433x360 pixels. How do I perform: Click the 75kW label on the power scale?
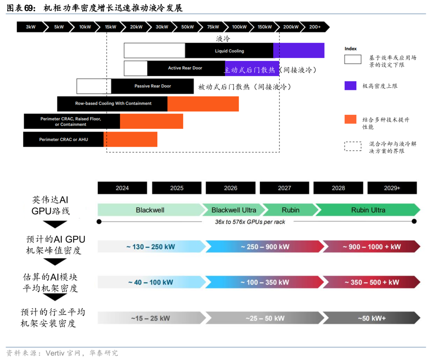point(213,27)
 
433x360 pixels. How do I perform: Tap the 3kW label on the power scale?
point(30,27)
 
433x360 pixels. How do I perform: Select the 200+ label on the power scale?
point(315,27)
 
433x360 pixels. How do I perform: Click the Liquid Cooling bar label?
point(229,51)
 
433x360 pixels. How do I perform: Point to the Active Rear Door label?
point(185,68)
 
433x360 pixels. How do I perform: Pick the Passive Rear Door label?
point(152,86)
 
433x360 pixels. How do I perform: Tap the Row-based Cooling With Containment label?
point(113,104)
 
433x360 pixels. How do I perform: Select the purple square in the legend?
point(350,85)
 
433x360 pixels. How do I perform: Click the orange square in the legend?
point(350,119)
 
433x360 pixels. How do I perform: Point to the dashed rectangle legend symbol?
point(352,146)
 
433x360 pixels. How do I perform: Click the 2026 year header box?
point(231,188)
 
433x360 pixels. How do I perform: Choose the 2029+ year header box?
point(392,188)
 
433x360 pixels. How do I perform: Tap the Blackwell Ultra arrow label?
point(233,210)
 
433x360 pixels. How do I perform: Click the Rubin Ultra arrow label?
point(368,210)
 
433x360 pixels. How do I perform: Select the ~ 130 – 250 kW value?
point(151,247)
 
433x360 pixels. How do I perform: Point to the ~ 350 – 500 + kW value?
point(371,283)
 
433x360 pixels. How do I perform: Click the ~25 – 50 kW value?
point(265,318)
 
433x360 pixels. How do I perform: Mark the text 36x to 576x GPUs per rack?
point(250,222)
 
